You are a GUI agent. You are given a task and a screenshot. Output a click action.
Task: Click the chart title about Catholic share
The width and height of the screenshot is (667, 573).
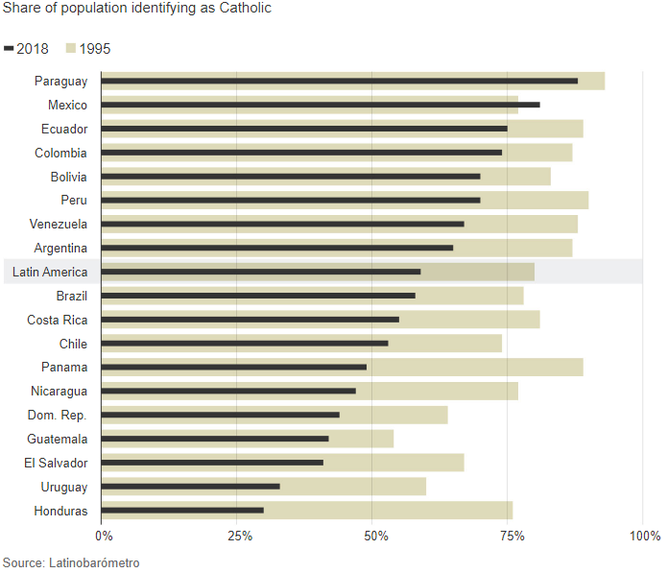(x=136, y=9)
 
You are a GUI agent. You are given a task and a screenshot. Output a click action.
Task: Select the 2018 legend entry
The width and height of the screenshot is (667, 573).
(x=27, y=49)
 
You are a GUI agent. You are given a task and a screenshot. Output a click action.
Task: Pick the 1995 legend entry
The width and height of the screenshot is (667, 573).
(x=87, y=49)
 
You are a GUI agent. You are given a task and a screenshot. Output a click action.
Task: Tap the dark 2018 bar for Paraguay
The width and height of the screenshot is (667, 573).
(x=339, y=81)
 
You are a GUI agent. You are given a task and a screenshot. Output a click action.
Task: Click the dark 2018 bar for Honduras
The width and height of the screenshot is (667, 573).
(x=182, y=511)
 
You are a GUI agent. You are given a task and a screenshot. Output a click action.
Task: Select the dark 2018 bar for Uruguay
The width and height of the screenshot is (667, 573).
(x=190, y=487)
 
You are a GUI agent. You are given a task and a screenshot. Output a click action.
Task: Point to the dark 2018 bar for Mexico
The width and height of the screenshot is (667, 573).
(x=320, y=105)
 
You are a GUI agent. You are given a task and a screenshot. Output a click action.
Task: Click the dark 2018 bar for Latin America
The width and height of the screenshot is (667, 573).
(x=260, y=272)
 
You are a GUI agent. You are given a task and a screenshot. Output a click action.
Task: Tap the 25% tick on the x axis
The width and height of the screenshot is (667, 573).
(x=239, y=535)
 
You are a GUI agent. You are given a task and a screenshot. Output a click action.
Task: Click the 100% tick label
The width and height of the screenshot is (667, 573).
(x=644, y=535)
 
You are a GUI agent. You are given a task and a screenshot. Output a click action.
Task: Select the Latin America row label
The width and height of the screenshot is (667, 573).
(x=50, y=272)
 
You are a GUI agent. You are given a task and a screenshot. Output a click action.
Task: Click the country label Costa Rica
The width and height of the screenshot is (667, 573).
(x=57, y=320)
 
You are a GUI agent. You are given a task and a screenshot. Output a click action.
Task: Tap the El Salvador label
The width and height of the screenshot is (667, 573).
(x=56, y=463)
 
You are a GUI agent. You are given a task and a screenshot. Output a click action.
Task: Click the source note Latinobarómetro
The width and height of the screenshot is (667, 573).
(x=71, y=562)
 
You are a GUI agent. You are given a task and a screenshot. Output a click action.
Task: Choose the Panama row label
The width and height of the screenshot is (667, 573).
(x=64, y=367)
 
